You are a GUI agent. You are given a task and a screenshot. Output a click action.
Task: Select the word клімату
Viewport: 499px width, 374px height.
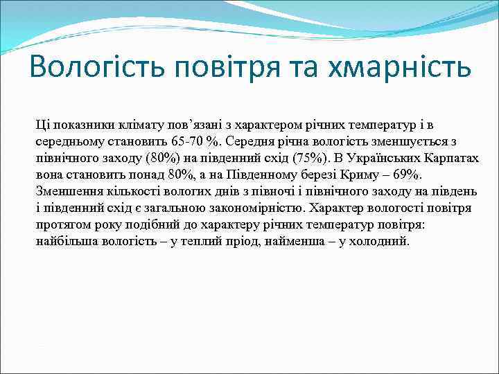[132, 125]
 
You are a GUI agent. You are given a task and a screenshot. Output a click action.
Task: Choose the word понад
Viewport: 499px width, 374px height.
[142, 175]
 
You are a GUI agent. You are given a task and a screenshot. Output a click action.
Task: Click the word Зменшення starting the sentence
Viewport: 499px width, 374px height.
[68, 191]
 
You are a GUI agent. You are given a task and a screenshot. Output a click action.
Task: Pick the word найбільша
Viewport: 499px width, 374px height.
[66, 241]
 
